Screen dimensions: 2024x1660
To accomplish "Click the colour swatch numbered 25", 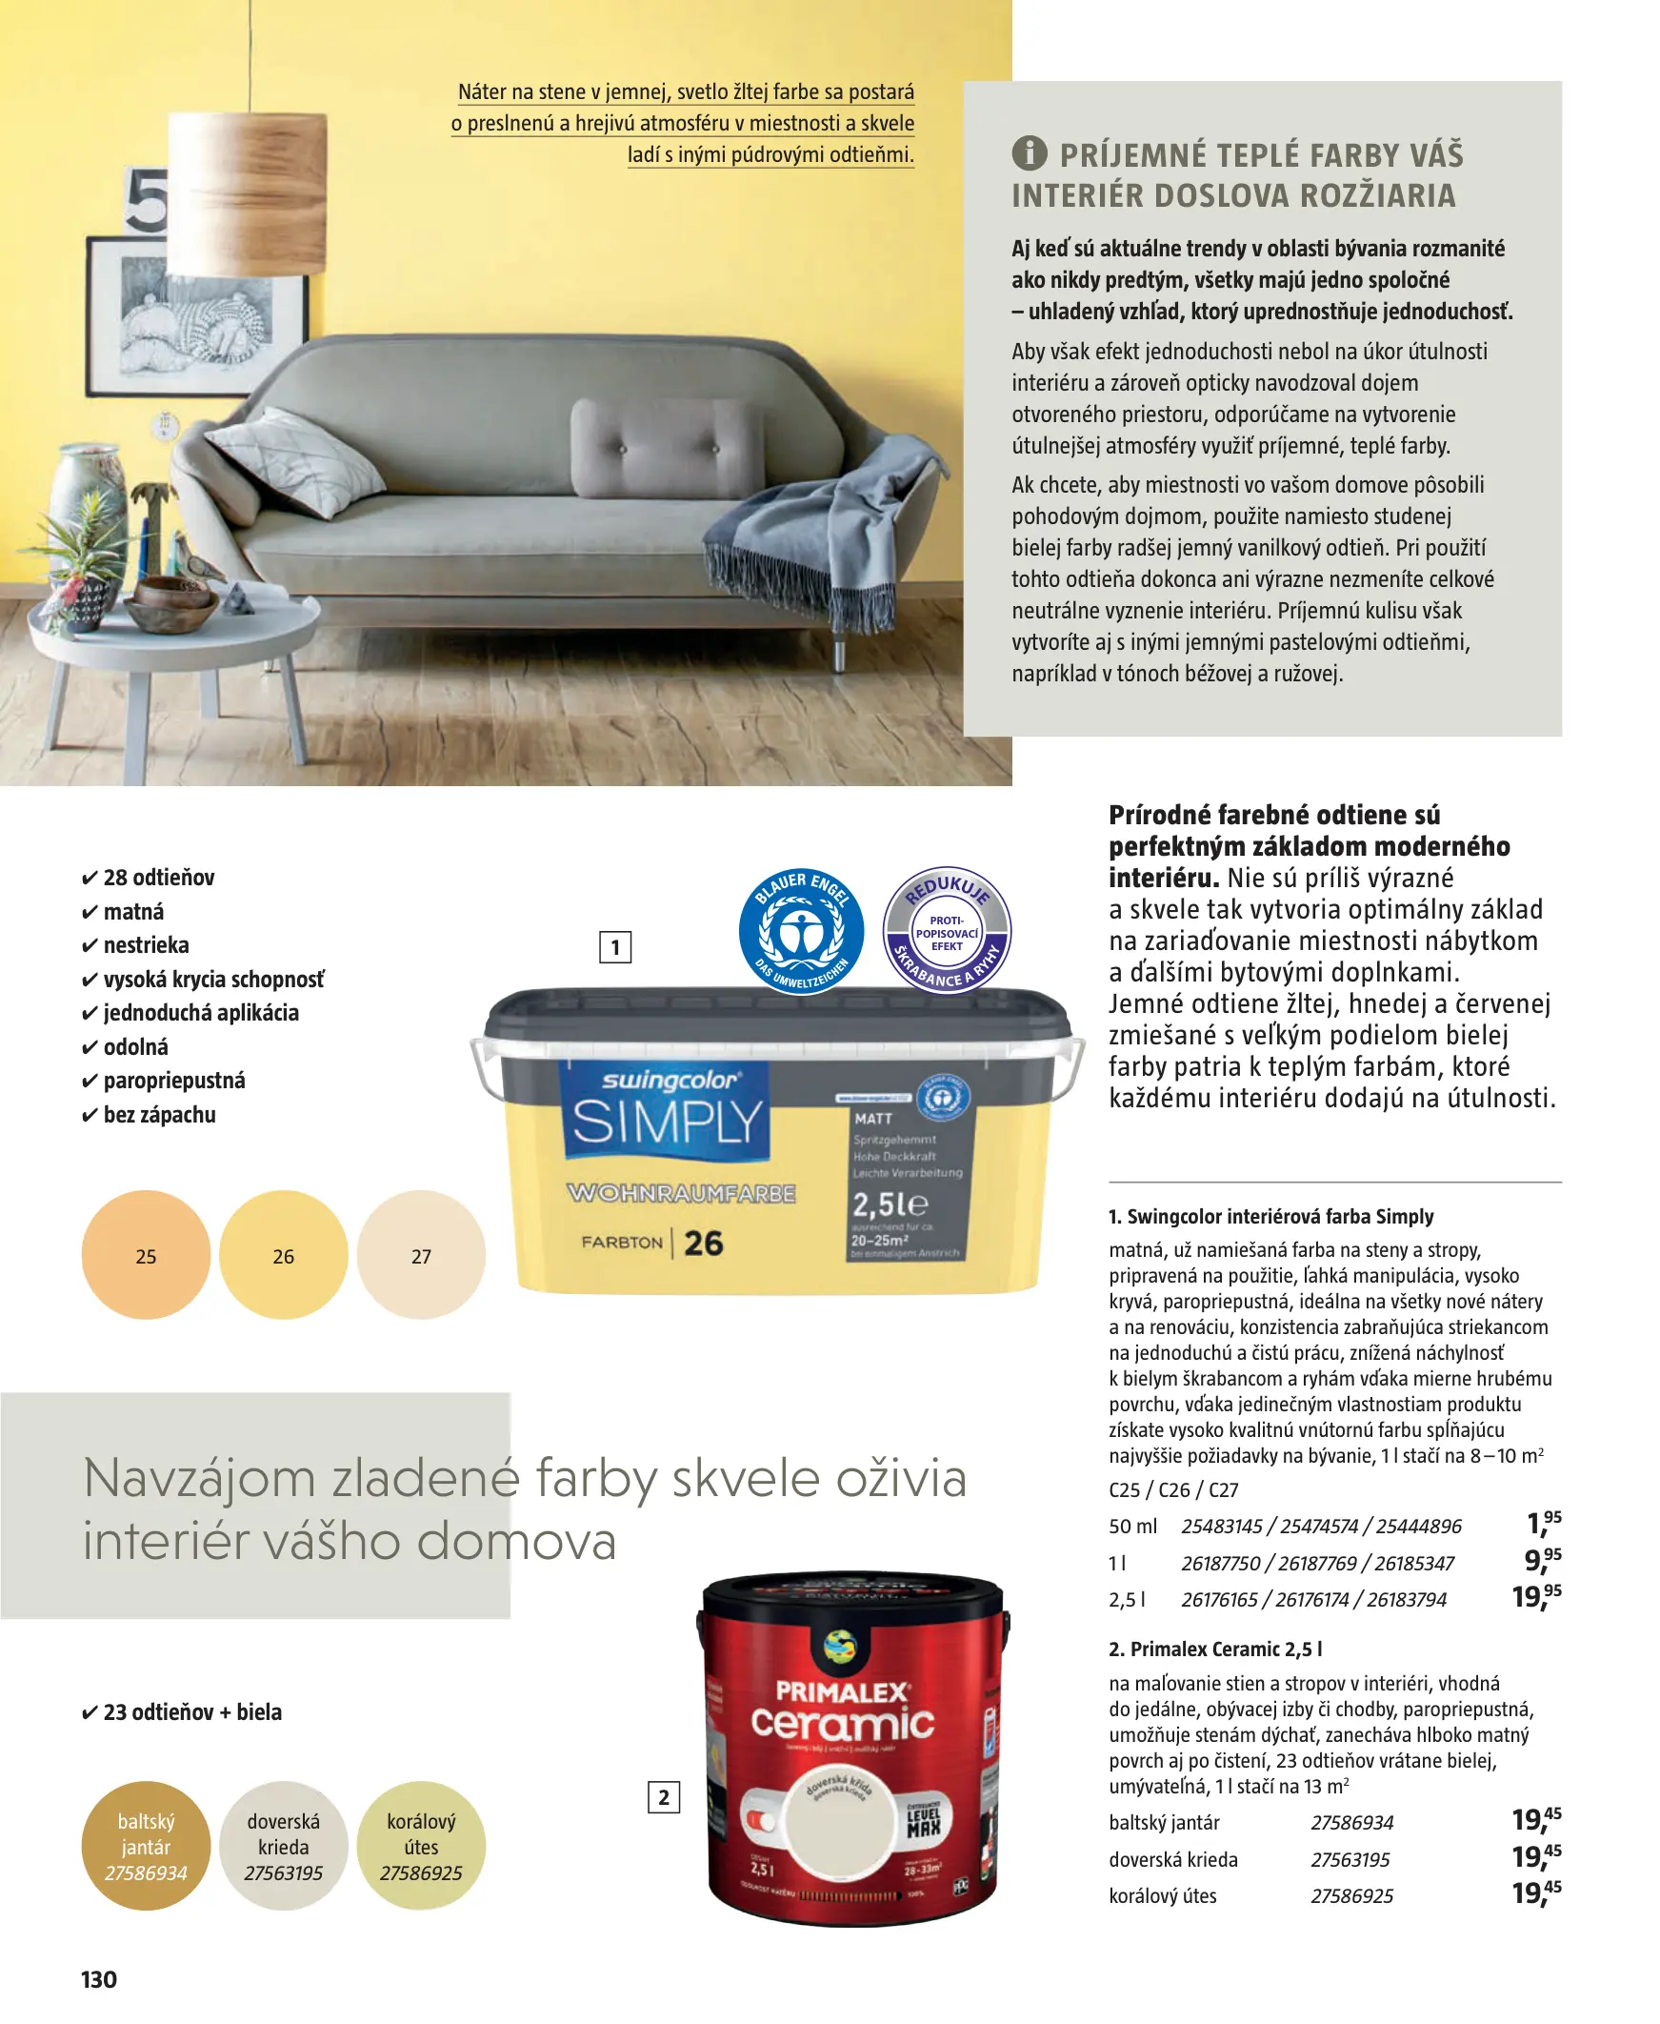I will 146,1254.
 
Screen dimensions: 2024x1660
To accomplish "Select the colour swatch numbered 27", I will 421,1254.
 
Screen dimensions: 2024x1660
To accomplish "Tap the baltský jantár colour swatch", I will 146,1845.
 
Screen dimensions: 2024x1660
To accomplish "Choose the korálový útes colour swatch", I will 421,1845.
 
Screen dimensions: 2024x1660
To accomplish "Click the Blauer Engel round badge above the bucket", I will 801,931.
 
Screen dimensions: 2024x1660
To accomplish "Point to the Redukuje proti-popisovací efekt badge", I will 947,931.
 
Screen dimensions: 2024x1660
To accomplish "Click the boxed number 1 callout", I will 615,947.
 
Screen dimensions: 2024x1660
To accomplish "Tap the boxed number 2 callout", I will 664,1797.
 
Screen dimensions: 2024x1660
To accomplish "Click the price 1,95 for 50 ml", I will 1544,1523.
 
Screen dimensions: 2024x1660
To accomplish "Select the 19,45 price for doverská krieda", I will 1535,1856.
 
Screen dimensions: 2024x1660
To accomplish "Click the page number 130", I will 98,1979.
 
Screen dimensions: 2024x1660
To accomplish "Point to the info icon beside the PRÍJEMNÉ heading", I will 1029,153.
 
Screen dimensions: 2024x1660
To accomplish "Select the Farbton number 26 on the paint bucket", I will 704,1243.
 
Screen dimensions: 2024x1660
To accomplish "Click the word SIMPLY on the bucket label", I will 667,1121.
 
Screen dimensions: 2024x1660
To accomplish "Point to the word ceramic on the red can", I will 842,1723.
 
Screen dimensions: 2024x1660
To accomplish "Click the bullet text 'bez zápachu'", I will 159,1114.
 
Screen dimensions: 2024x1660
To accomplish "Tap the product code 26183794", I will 1406,1599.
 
